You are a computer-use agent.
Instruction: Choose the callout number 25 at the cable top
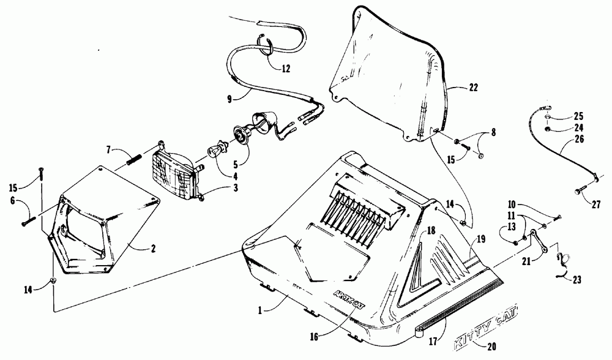[578, 116]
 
